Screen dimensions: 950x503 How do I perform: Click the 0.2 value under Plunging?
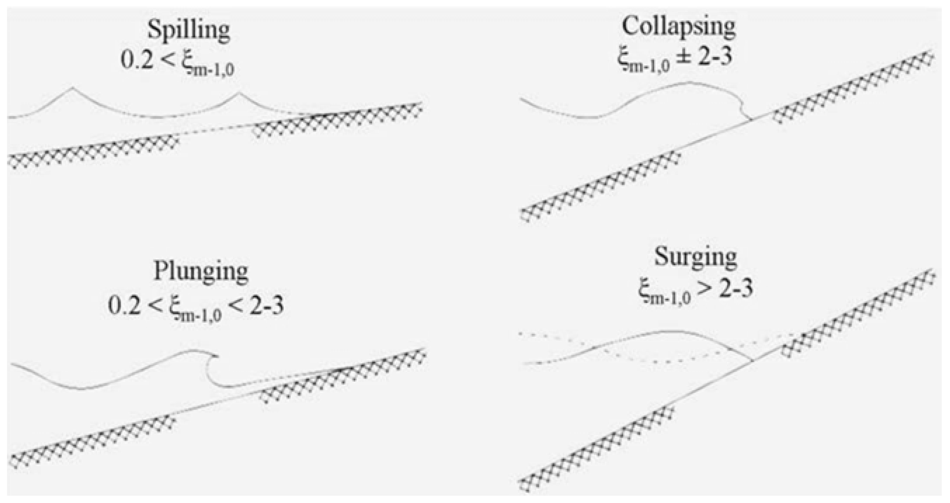pyautogui.click(x=124, y=306)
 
